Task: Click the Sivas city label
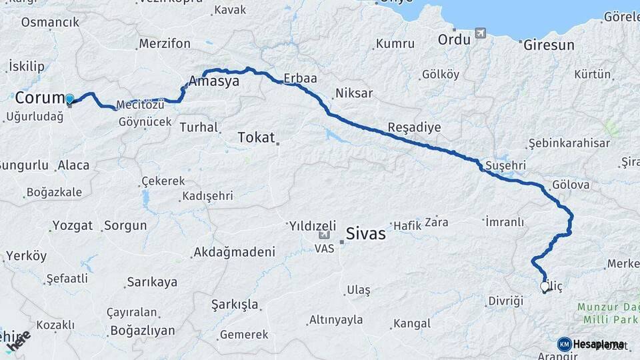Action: pyautogui.click(x=366, y=234)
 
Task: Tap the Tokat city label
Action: pyautogui.click(x=257, y=138)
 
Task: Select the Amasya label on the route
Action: pyautogui.click(x=213, y=81)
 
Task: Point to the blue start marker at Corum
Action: pyautogui.click(x=69, y=100)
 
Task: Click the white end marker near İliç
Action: pyautogui.click(x=545, y=287)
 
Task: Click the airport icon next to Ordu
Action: pyautogui.click(x=481, y=33)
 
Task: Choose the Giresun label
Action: pyautogui.click(x=549, y=46)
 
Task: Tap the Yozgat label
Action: pyautogui.click(x=72, y=225)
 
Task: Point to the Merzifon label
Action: pyautogui.click(x=165, y=44)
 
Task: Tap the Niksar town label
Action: pyautogui.click(x=354, y=93)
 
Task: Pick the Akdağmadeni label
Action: pyautogui.click(x=233, y=253)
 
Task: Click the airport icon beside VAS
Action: pyautogui.click(x=325, y=235)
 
